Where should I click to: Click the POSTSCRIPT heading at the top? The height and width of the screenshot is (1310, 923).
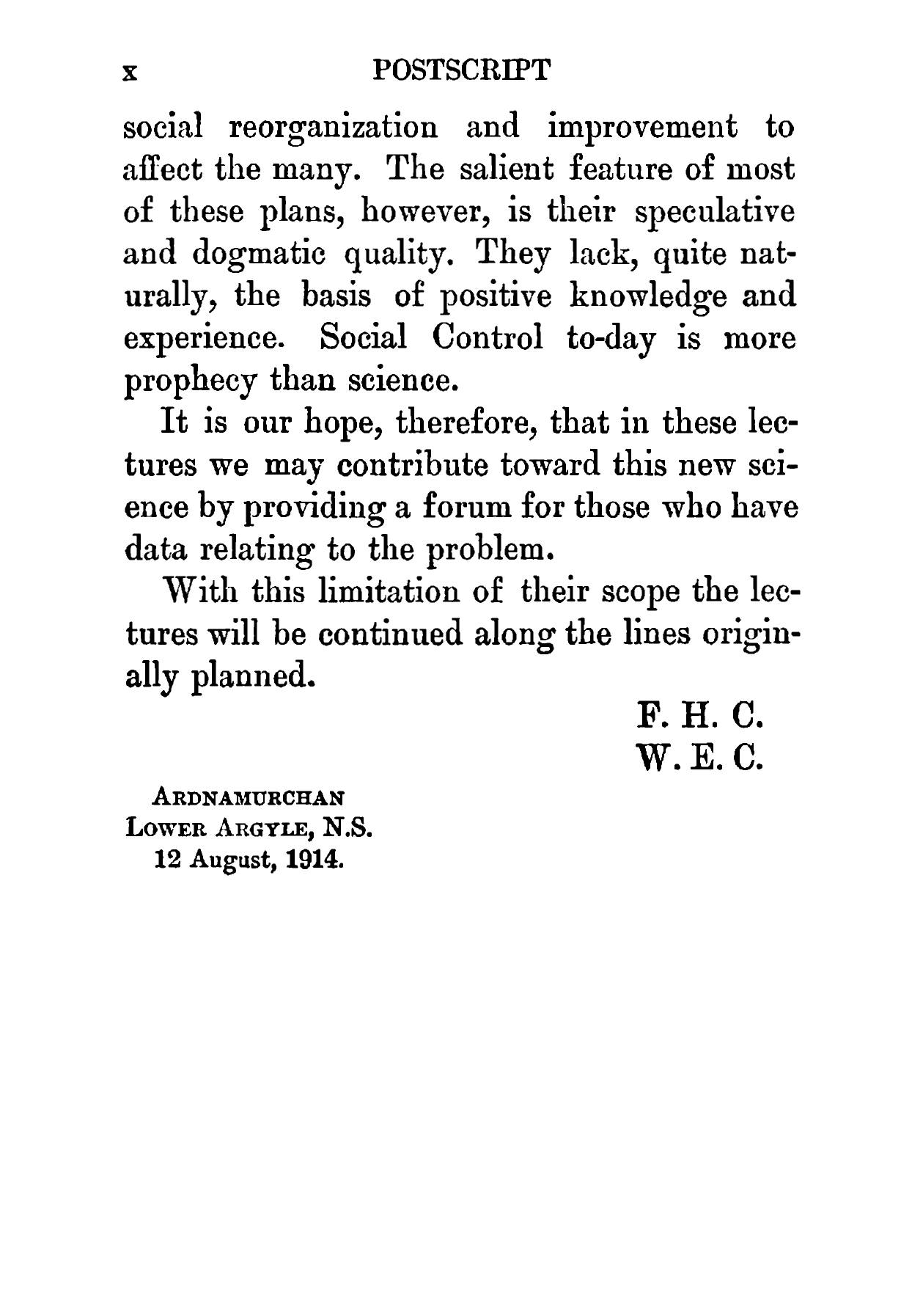click(461, 70)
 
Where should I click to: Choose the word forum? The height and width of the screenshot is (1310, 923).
click(471, 508)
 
